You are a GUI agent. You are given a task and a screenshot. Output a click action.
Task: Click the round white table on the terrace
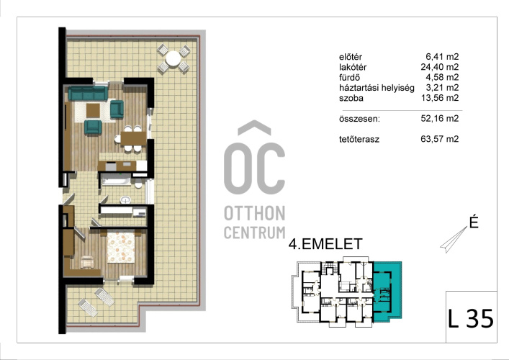tap(173, 59)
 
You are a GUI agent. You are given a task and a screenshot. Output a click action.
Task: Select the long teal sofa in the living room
tap(88, 93)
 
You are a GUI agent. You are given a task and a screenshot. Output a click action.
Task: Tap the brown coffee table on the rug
tap(93, 111)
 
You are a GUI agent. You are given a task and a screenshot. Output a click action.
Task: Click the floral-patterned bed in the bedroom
tap(120, 247)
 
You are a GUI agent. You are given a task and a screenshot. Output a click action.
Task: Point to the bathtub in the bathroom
tap(116, 180)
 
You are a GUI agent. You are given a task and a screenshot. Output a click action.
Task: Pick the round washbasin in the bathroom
tap(125, 199)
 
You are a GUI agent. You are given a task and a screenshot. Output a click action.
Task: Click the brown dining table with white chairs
tap(134, 139)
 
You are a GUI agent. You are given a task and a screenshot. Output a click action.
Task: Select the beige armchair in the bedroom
tap(87, 262)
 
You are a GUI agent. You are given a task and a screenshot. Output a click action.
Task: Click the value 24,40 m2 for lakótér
tap(440, 67)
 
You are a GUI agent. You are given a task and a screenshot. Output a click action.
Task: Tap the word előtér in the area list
tap(351, 57)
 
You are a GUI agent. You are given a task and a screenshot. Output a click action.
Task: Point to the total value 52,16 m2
tap(440, 119)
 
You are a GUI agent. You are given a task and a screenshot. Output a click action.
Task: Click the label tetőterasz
tap(359, 140)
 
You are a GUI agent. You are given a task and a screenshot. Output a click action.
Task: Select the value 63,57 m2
tap(440, 139)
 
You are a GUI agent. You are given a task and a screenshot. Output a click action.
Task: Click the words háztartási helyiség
tap(377, 88)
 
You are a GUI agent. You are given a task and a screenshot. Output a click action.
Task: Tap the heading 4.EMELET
tap(325, 244)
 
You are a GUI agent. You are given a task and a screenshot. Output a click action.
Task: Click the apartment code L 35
tap(471, 318)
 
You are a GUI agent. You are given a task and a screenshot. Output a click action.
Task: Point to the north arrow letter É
tap(474, 222)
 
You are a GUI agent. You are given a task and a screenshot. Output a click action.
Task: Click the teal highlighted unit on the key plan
tap(387, 292)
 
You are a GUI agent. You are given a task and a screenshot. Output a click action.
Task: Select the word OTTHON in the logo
tap(255, 213)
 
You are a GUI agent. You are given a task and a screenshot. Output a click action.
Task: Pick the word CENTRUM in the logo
tap(255, 233)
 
